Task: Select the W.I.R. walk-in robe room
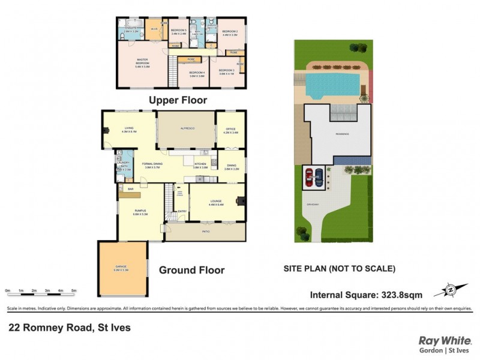(x=154, y=29)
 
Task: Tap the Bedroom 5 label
(x=179, y=32)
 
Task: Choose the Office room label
(x=231, y=130)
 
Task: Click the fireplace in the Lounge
(x=241, y=201)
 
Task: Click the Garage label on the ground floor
(x=122, y=268)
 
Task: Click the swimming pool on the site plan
(x=334, y=84)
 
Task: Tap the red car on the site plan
(x=309, y=178)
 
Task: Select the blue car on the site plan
(x=319, y=178)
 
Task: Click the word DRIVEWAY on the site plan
(x=314, y=203)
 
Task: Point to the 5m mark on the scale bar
(x=74, y=290)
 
